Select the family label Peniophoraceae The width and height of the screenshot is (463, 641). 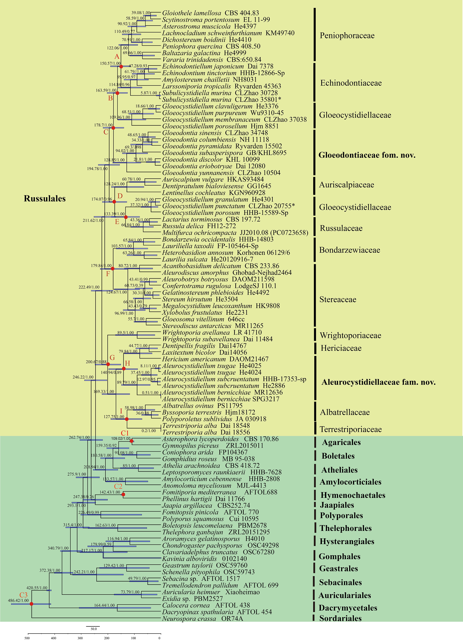click(x=347, y=36)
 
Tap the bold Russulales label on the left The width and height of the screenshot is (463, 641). click(x=45, y=199)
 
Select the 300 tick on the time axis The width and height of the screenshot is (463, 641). click(x=80, y=638)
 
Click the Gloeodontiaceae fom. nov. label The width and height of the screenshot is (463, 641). click(x=367, y=155)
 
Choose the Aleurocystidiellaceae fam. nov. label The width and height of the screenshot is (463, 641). click(x=378, y=382)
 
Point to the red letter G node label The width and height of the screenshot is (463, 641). click(x=112, y=358)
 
